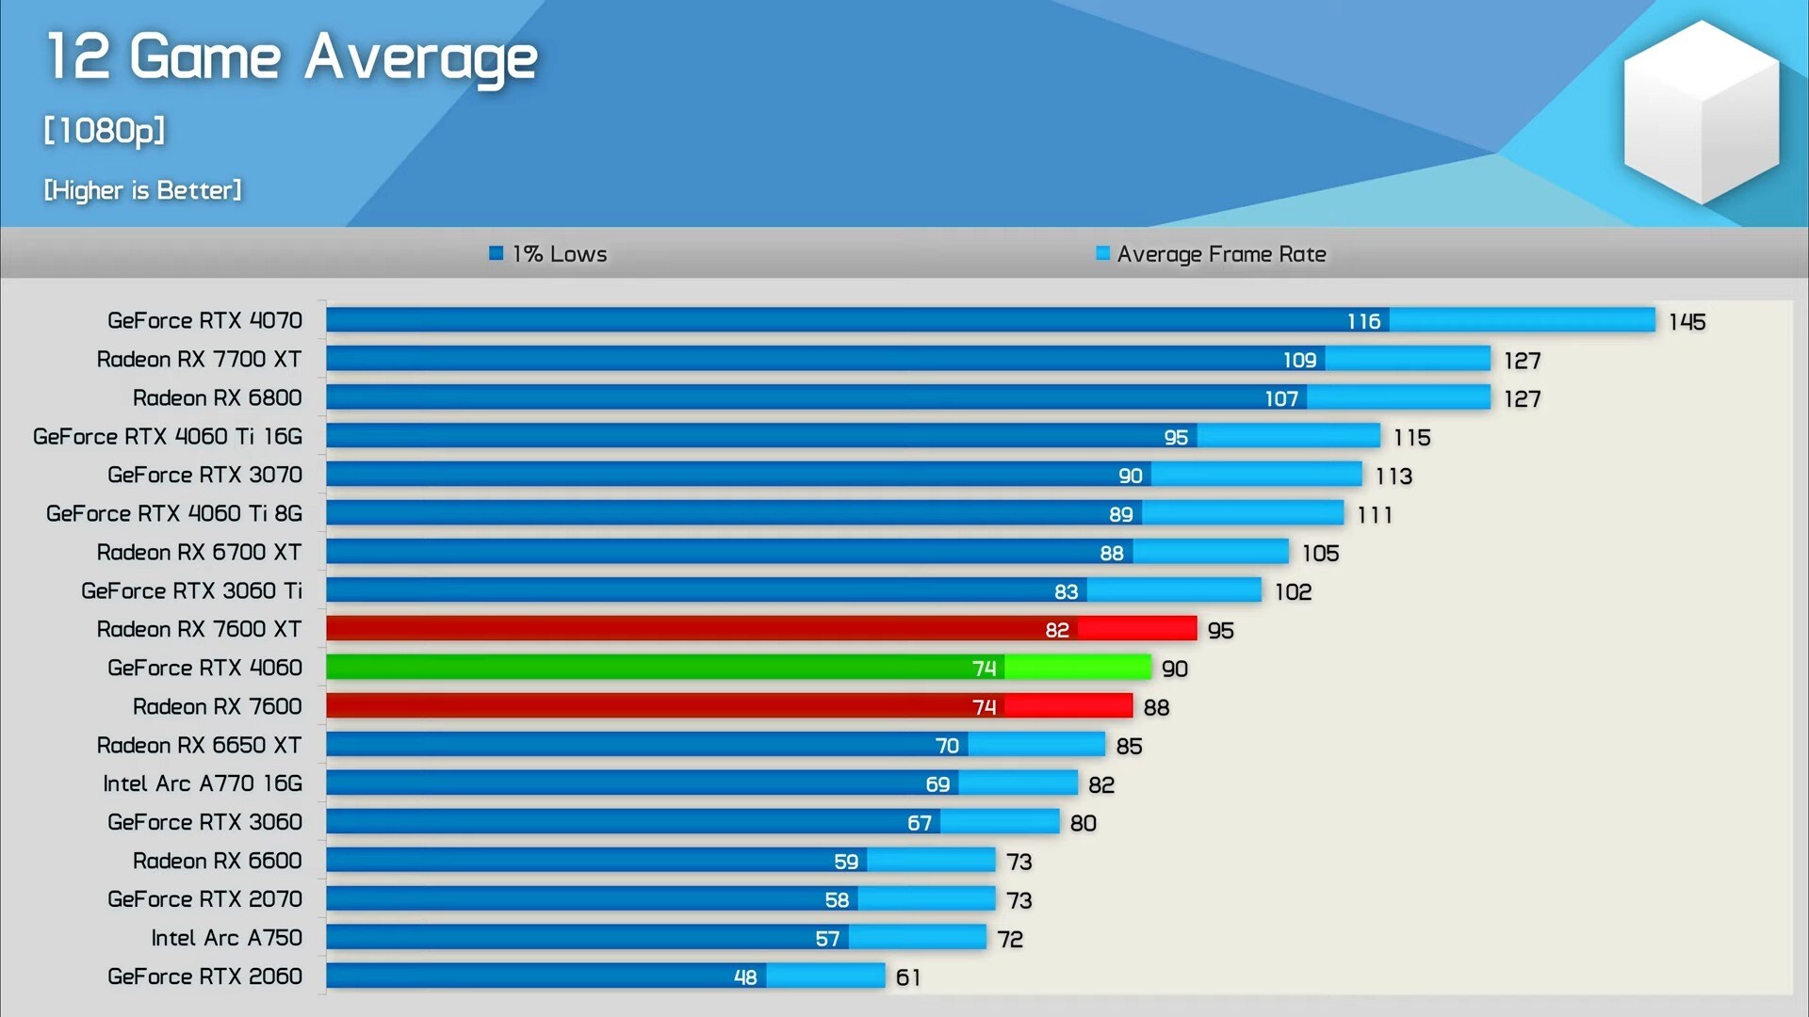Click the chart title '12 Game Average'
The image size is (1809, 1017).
coord(291,58)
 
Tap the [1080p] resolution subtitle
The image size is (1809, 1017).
coord(104,131)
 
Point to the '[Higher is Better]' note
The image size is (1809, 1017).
coord(142,190)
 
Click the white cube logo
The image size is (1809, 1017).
coord(1701,113)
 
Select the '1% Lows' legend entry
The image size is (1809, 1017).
coord(548,254)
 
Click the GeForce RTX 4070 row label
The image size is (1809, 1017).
coord(204,321)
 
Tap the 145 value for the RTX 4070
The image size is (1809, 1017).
coord(1687,322)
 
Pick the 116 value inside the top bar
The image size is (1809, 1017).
coord(1363,322)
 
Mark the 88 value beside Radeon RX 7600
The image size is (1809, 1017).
coord(1156,707)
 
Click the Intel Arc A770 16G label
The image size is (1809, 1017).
coord(203,783)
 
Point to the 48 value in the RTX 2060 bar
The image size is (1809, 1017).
coord(745,977)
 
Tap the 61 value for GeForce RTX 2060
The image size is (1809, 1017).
coord(908,977)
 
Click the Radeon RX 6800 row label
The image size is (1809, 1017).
coord(217,398)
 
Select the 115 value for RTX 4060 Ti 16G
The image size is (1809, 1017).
coord(1411,438)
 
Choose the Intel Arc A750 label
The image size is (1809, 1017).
coord(226,938)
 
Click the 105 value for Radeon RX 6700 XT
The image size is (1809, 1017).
coord(1320,554)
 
